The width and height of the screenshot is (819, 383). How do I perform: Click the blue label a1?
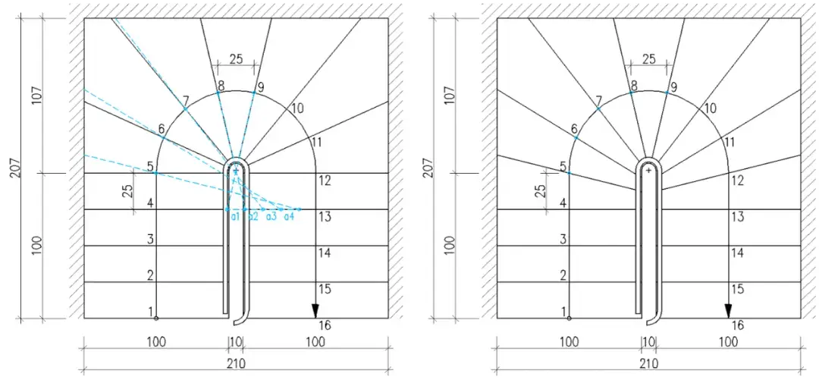point(235,216)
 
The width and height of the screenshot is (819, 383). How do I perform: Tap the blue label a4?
point(289,216)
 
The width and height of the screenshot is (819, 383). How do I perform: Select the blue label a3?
point(271,216)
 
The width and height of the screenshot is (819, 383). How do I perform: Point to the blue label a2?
point(253,216)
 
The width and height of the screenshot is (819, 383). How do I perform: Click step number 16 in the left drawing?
point(325,325)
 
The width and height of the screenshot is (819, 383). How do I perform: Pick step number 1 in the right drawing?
point(563,312)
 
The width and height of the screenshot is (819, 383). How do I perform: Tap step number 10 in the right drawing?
point(710,108)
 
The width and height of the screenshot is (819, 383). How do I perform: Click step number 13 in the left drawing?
point(325,216)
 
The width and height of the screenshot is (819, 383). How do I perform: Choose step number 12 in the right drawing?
point(737,181)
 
